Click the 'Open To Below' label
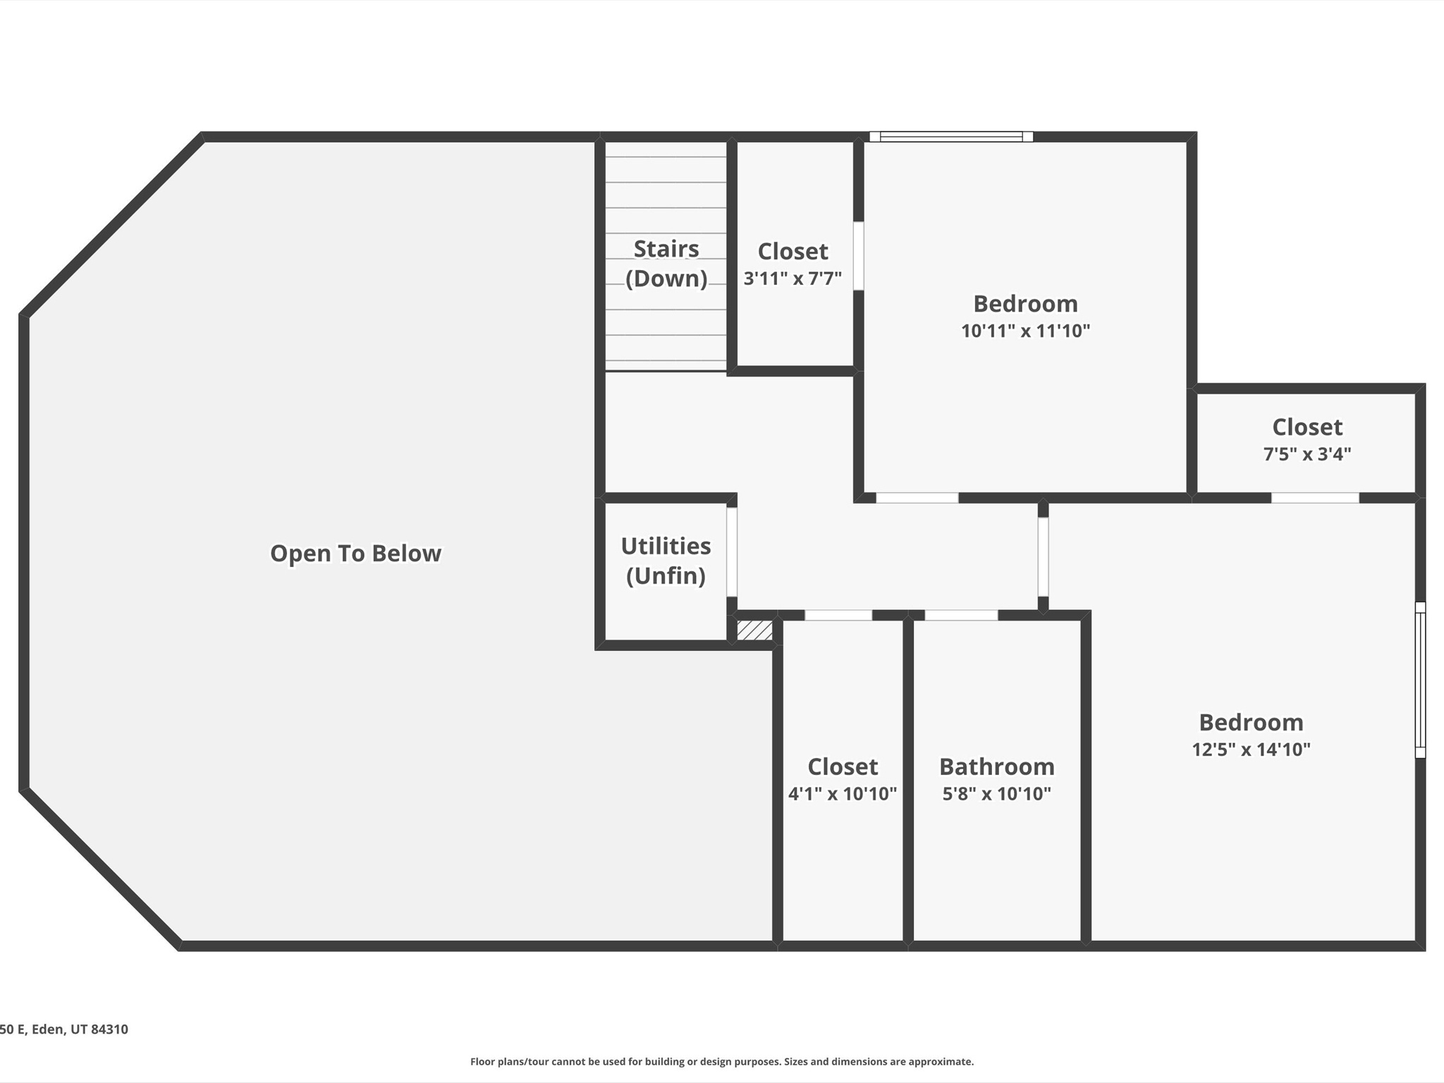tap(355, 553)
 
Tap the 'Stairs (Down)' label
tap(666, 264)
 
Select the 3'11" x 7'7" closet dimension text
tap(793, 279)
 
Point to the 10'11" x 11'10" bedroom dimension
tap(1025, 331)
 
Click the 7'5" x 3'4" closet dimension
tap(1307, 454)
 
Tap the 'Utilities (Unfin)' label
tap(666, 561)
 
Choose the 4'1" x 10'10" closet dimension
tap(843, 794)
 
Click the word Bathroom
tap(997, 766)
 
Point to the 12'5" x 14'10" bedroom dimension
tap(1251, 749)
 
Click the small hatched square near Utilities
tap(754, 630)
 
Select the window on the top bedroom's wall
tap(951, 137)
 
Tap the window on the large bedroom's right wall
tap(1420, 680)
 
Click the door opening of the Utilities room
tap(732, 552)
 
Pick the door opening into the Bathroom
tap(961, 616)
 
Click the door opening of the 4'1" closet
tap(838, 616)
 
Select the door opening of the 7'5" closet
tap(1315, 498)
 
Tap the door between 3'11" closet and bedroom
tap(859, 256)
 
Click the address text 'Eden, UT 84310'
tap(80, 1029)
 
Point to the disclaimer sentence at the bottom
tap(722, 1062)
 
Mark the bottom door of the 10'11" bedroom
tap(917, 498)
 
